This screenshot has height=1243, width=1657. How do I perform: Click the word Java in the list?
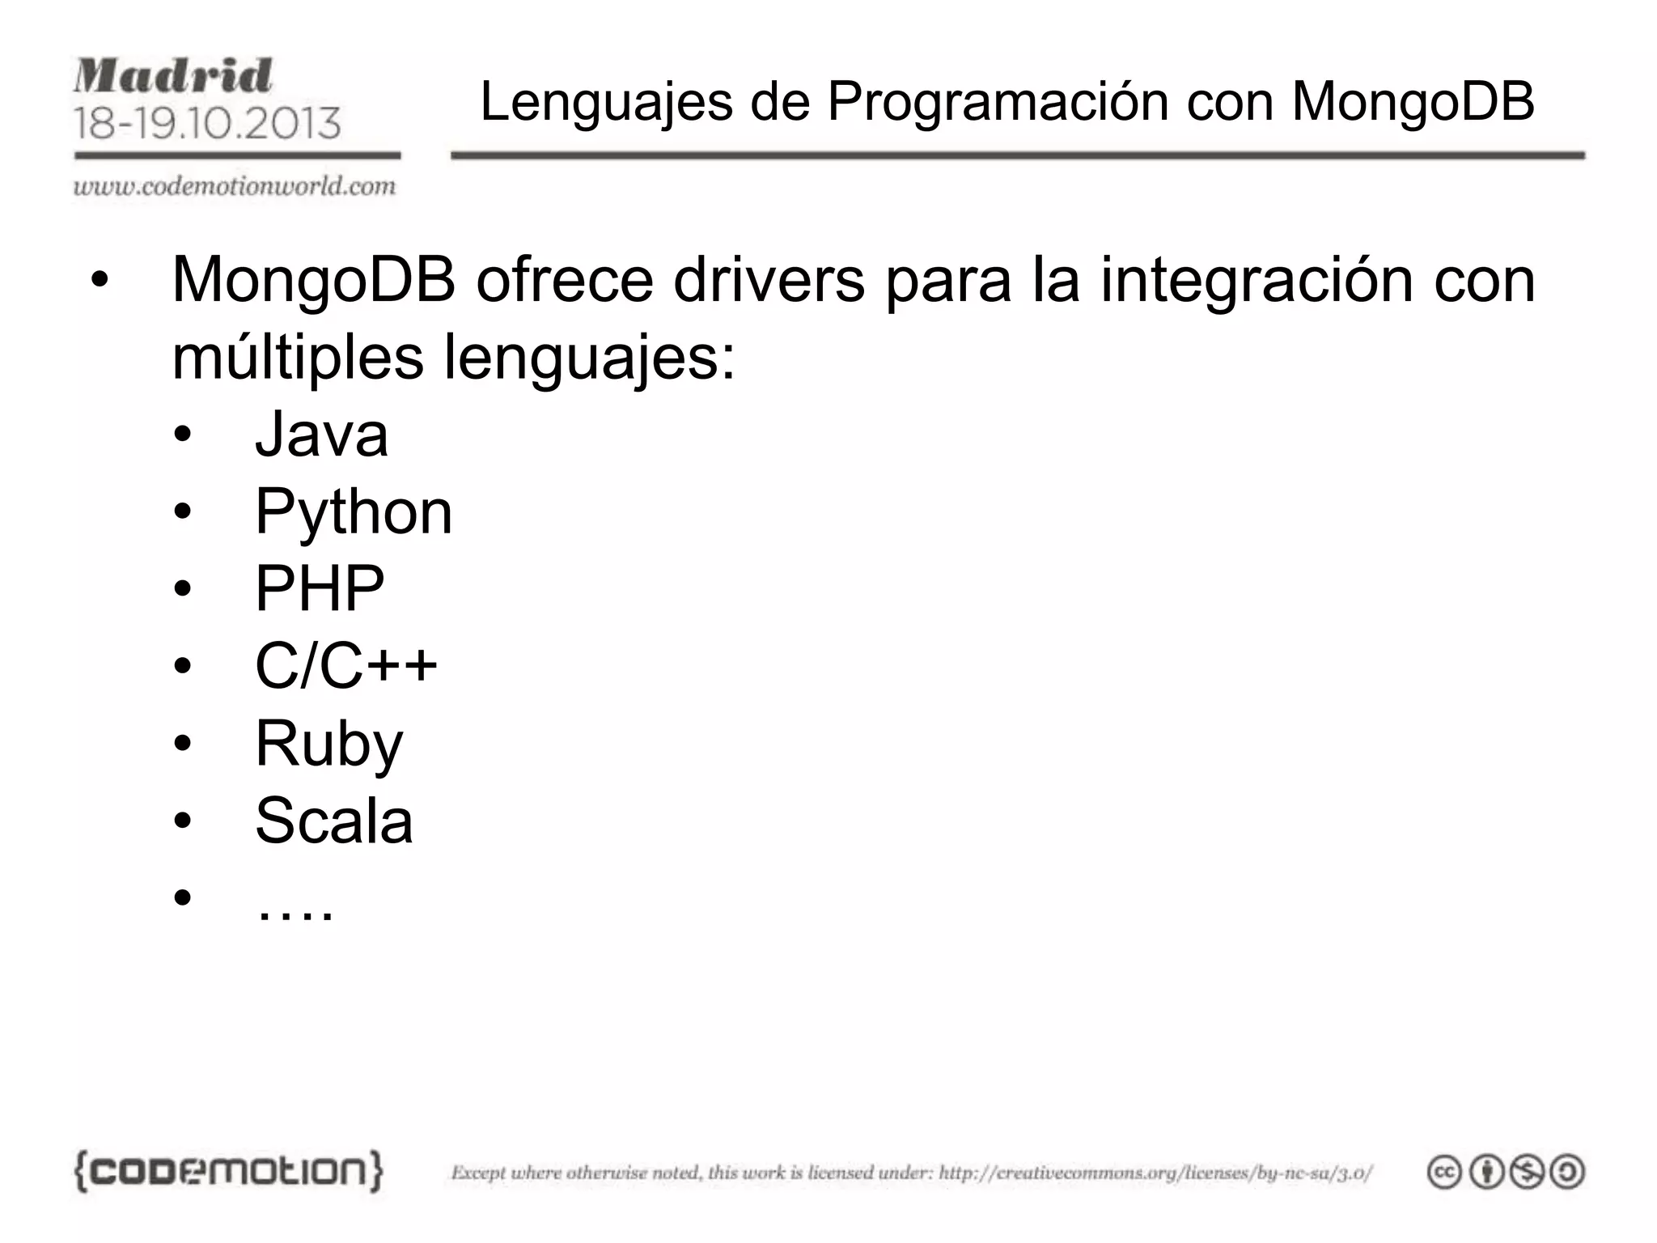pos(321,435)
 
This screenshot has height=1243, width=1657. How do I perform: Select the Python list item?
pos(353,512)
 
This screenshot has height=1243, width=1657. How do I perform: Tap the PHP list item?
pos(320,589)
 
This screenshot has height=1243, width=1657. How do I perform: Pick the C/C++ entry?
pos(345,666)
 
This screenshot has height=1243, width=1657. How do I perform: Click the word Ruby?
pos(328,744)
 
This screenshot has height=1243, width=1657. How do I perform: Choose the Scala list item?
pos(333,821)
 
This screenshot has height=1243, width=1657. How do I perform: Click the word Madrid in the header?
pos(173,76)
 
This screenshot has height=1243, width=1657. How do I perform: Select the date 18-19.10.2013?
pos(207,123)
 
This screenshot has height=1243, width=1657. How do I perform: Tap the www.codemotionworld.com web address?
pos(235,187)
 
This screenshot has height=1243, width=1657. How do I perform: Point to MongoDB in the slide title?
pos(1413,102)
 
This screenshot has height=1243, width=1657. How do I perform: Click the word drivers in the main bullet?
pos(769,280)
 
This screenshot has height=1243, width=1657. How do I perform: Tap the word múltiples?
pos(298,357)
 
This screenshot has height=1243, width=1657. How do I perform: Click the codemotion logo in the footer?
pos(228,1171)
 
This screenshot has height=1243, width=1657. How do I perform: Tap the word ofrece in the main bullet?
pos(564,280)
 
